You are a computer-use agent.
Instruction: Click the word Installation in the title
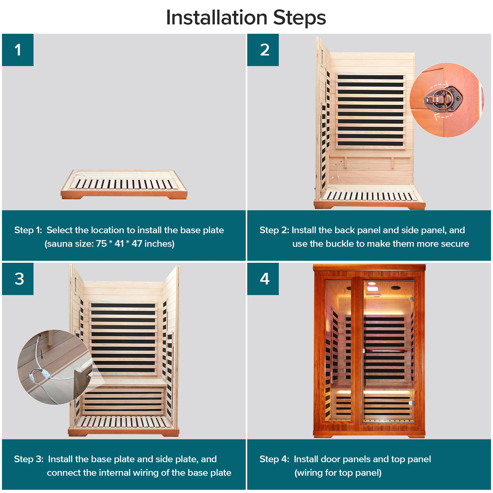[217, 17]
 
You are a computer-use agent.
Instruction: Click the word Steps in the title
[299, 18]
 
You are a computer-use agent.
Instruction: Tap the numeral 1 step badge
[17, 50]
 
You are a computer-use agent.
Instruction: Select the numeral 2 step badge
[263, 50]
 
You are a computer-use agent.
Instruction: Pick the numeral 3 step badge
[17, 279]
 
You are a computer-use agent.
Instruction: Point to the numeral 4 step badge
[263, 279]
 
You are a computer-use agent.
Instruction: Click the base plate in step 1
[124, 184]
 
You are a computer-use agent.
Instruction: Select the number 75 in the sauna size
[101, 244]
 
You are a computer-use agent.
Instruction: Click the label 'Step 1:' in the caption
[28, 230]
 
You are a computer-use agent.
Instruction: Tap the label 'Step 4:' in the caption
[274, 459]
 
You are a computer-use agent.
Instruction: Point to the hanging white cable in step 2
[337, 169]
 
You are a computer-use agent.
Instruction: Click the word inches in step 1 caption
[159, 244]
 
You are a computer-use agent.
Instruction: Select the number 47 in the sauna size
[137, 244]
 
